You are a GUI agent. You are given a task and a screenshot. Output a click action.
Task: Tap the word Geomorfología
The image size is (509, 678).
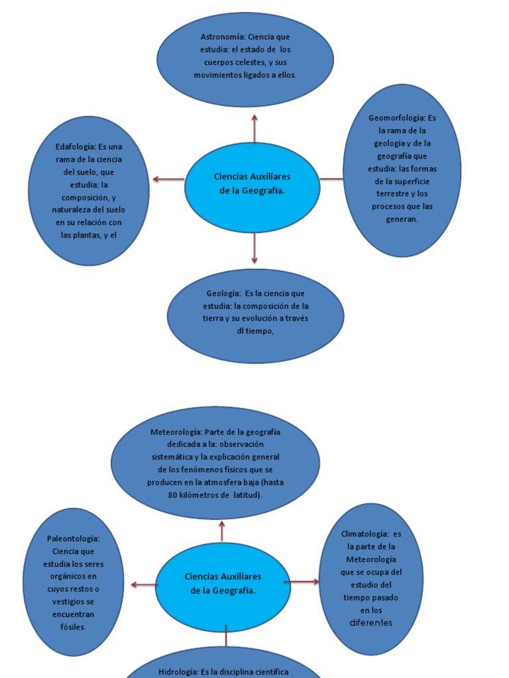click(396, 118)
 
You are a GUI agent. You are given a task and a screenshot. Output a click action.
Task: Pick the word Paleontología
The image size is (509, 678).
click(73, 539)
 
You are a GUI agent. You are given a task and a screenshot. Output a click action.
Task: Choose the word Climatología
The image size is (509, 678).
click(364, 534)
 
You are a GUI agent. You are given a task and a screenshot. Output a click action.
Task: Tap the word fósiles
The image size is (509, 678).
click(73, 627)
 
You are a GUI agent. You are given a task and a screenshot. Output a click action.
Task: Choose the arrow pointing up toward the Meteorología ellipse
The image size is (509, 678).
click(222, 530)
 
